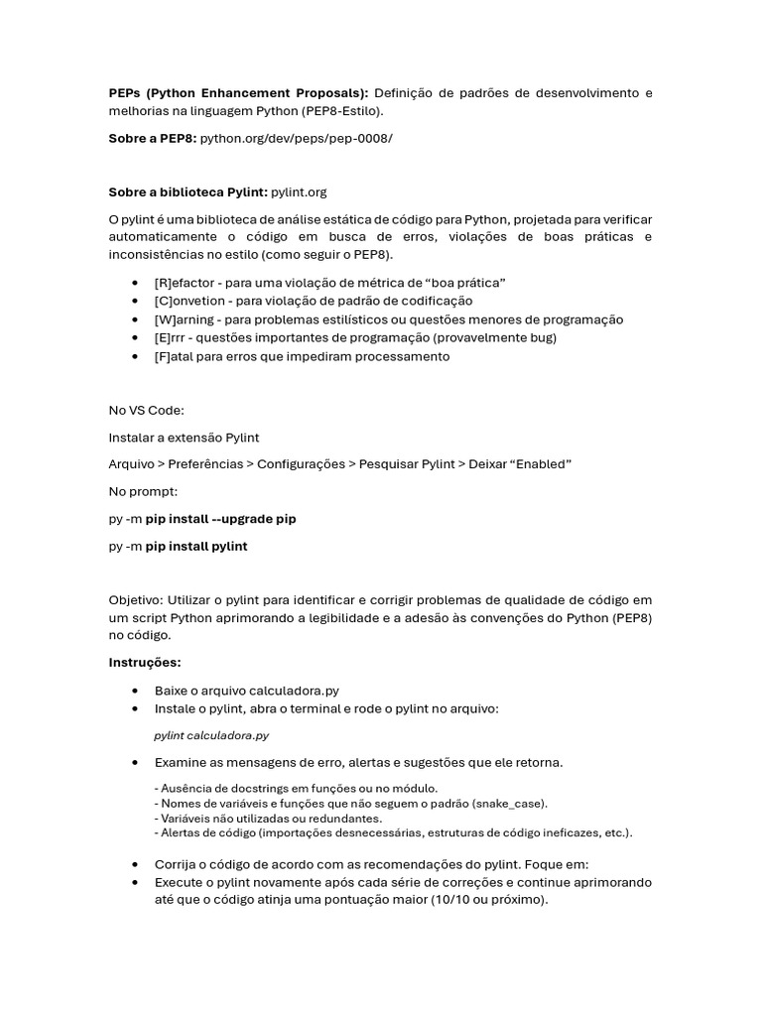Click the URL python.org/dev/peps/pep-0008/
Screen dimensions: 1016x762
tap(296, 138)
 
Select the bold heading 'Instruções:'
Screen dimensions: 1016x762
tap(145, 662)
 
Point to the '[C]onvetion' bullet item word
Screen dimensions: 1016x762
tap(189, 301)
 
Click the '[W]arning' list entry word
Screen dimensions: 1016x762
tap(185, 319)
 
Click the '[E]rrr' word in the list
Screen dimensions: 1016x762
tap(173, 337)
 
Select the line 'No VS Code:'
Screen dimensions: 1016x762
tap(147, 410)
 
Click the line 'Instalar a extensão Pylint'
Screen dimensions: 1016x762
tap(184, 437)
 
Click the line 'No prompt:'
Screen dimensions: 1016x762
tap(143, 491)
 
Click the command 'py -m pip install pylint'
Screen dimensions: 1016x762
tap(178, 546)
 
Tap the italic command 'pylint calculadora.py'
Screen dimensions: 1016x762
tap(211, 735)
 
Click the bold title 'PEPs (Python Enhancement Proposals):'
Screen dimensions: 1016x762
tap(238, 92)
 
